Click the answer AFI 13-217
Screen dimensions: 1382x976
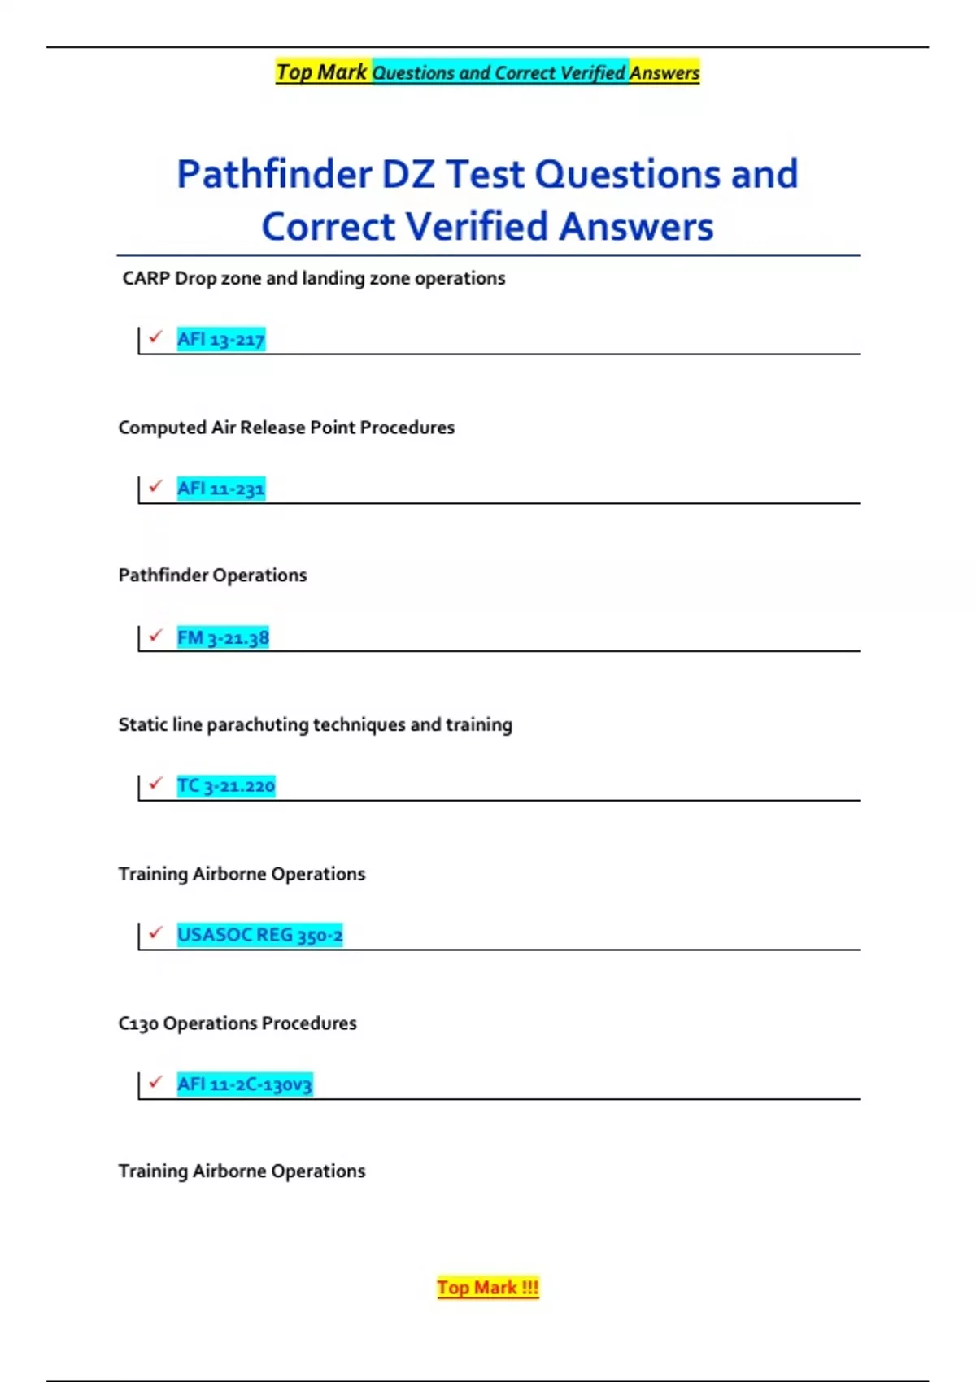point(220,339)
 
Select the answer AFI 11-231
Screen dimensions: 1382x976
point(220,489)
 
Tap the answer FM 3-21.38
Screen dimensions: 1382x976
point(223,637)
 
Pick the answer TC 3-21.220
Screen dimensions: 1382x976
point(226,786)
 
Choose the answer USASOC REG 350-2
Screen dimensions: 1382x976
point(259,935)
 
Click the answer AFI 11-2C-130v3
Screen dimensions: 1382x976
point(244,1084)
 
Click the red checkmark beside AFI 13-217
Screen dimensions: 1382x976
point(156,336)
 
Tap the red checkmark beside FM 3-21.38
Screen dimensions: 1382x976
point(156,634)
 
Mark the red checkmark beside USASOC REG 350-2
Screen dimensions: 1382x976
point(156,932)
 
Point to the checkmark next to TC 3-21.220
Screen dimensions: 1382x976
point(156,783)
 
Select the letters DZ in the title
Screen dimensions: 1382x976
point(408,175)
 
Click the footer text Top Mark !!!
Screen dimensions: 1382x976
point(488,1288)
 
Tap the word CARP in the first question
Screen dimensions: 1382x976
point(146,278)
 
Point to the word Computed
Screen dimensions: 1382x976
point(162,428)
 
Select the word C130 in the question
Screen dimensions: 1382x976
point(138,1023)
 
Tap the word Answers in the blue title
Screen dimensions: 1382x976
point(636,227)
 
